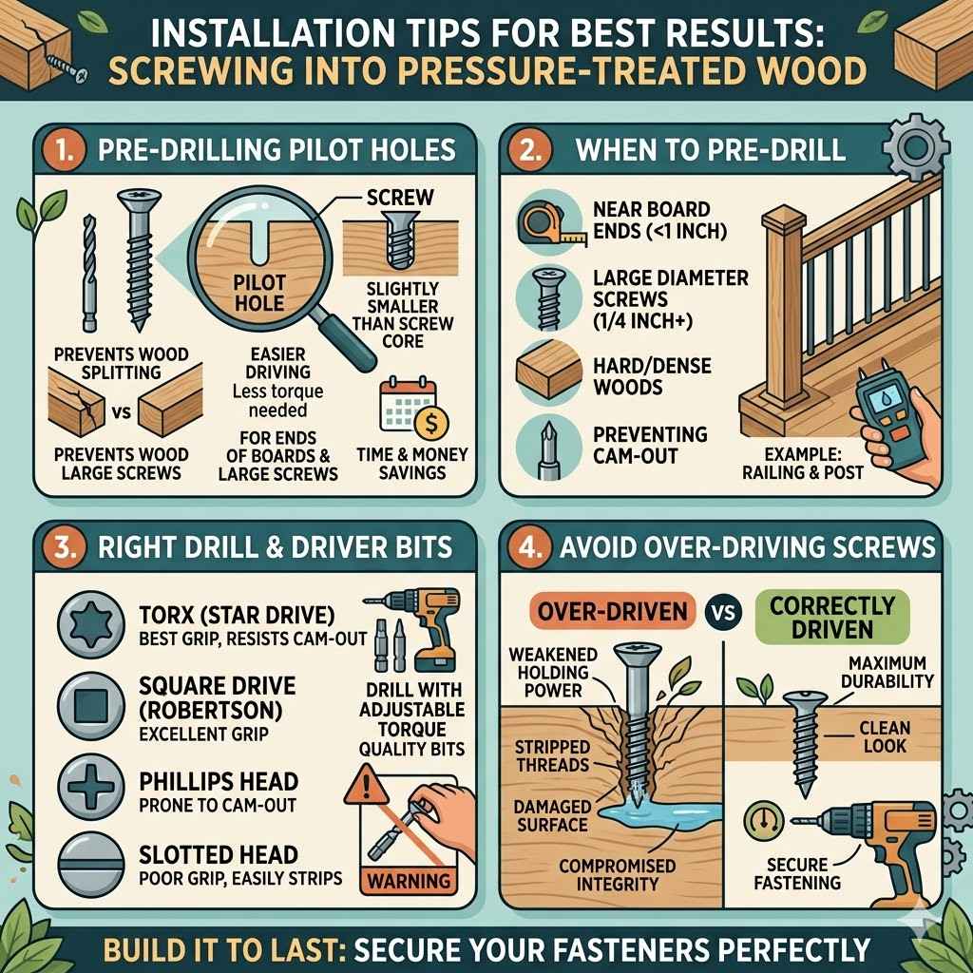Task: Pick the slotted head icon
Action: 89,866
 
